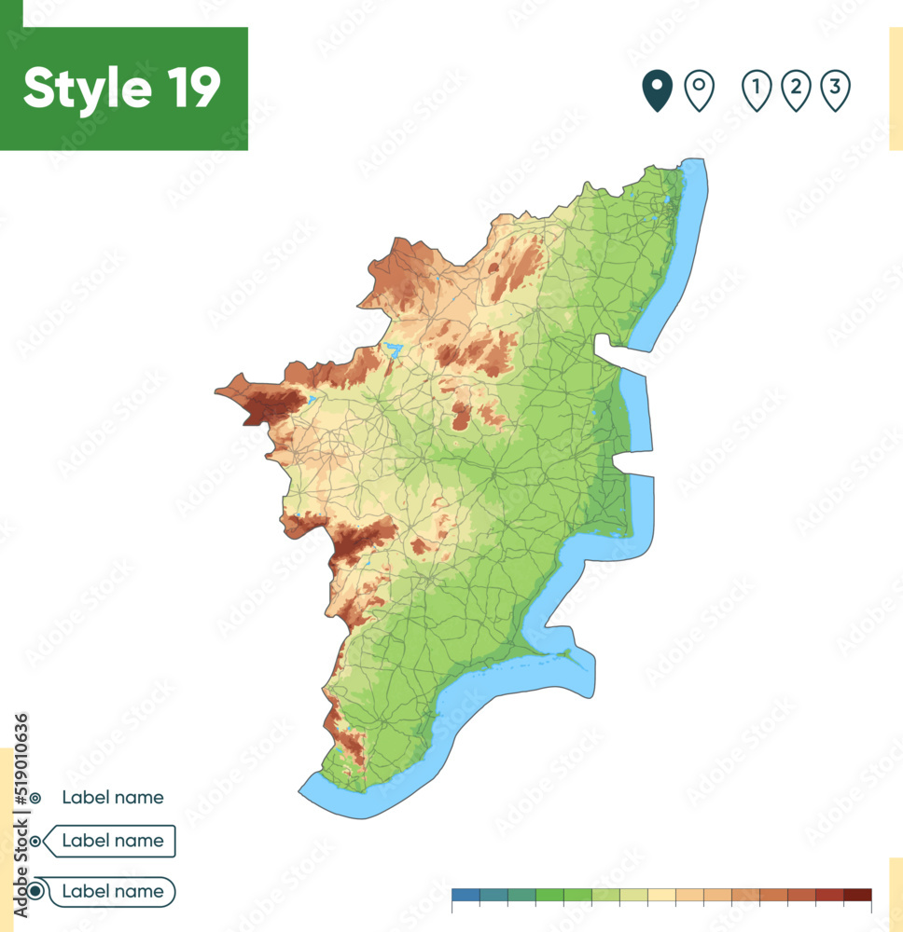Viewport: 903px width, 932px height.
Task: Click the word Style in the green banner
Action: (x=85, y=89)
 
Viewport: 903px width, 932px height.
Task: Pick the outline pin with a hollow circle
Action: (x=699, y=90)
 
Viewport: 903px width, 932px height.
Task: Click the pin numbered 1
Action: (x=757, y=90)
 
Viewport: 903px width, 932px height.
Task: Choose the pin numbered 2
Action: (x=796, y=90)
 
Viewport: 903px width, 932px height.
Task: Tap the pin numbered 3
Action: (x=835, y=90)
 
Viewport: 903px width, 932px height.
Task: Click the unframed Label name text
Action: (x=113, y=798)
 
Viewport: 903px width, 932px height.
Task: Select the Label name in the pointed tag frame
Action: (x=113, y=841)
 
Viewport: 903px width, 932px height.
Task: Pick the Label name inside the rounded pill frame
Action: (x=113, y=892)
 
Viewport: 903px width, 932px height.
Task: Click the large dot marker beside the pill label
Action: (x=35, y=892)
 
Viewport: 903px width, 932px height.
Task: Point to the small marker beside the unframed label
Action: (x=35, y=799)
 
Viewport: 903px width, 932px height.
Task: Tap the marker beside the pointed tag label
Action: (x=35, y=842)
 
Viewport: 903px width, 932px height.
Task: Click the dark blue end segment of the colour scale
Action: (x=465, y=895)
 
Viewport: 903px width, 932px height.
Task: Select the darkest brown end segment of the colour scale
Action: (x=857, y=895)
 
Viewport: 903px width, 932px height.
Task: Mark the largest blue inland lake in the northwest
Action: (x=393, y=350)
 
